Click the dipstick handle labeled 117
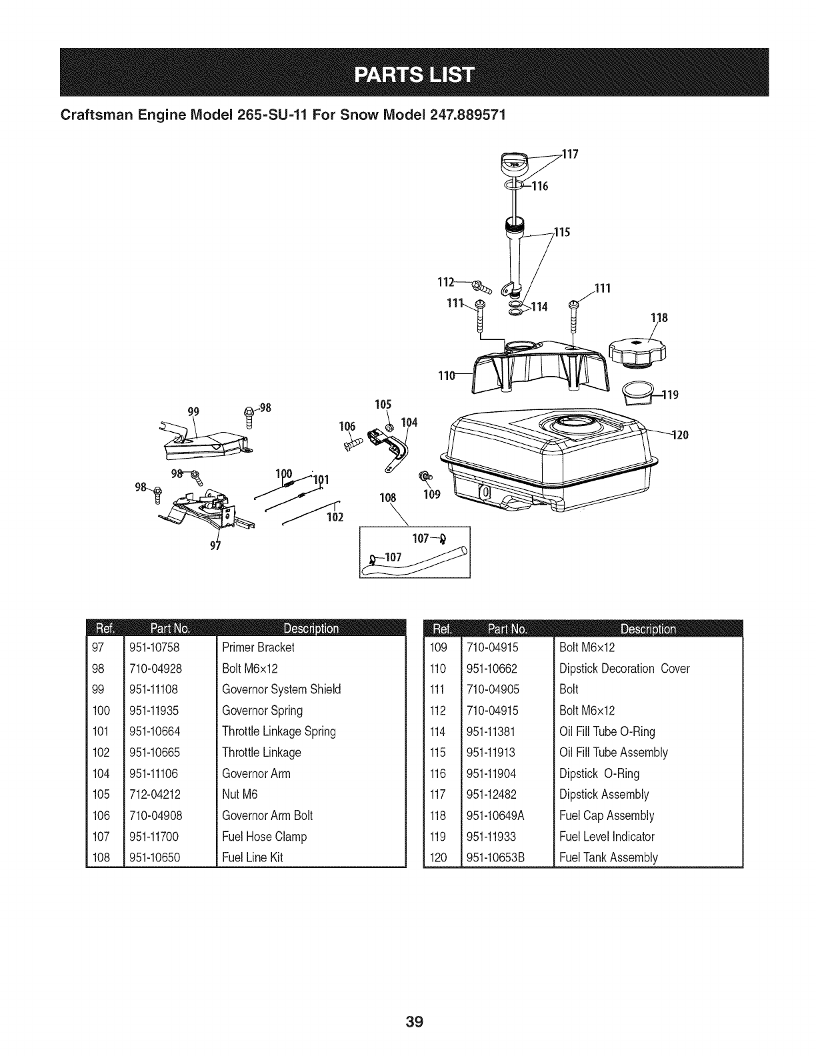[x=514, y=162]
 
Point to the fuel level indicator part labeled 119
[x=637, y=393]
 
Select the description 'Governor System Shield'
[x=281, y=689]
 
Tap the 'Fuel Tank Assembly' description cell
[x=609, y=857]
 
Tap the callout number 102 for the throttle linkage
[x=334, y=517]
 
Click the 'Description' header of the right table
[x=648, y=628]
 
